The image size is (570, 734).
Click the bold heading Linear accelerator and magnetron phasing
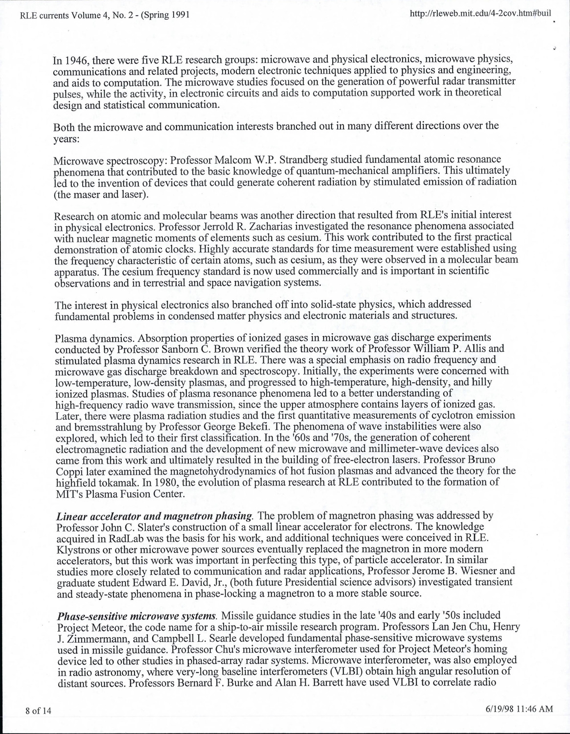tap(155, 516)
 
